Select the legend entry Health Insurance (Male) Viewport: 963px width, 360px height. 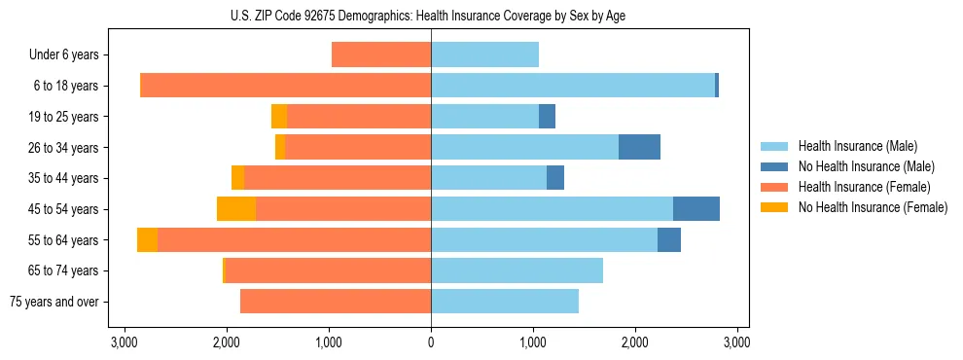pos(857,146)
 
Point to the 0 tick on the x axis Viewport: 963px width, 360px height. pos(431,342)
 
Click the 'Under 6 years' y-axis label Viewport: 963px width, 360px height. pos(63,55)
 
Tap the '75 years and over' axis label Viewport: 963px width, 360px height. pos(54,302)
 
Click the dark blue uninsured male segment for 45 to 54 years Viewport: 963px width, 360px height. pos(696,209)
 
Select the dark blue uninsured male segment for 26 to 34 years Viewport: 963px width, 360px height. pos(639,147)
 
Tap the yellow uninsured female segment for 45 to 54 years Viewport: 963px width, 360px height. pos(236,209)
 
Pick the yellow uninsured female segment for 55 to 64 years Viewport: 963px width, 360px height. pos(147,240)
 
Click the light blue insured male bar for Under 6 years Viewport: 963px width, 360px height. pos(484,55)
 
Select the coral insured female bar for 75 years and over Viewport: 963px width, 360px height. pos(336,302)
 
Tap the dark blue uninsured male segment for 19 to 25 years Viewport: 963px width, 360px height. pos(547,117)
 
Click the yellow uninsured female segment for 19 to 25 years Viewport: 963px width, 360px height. pos(279,117)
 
